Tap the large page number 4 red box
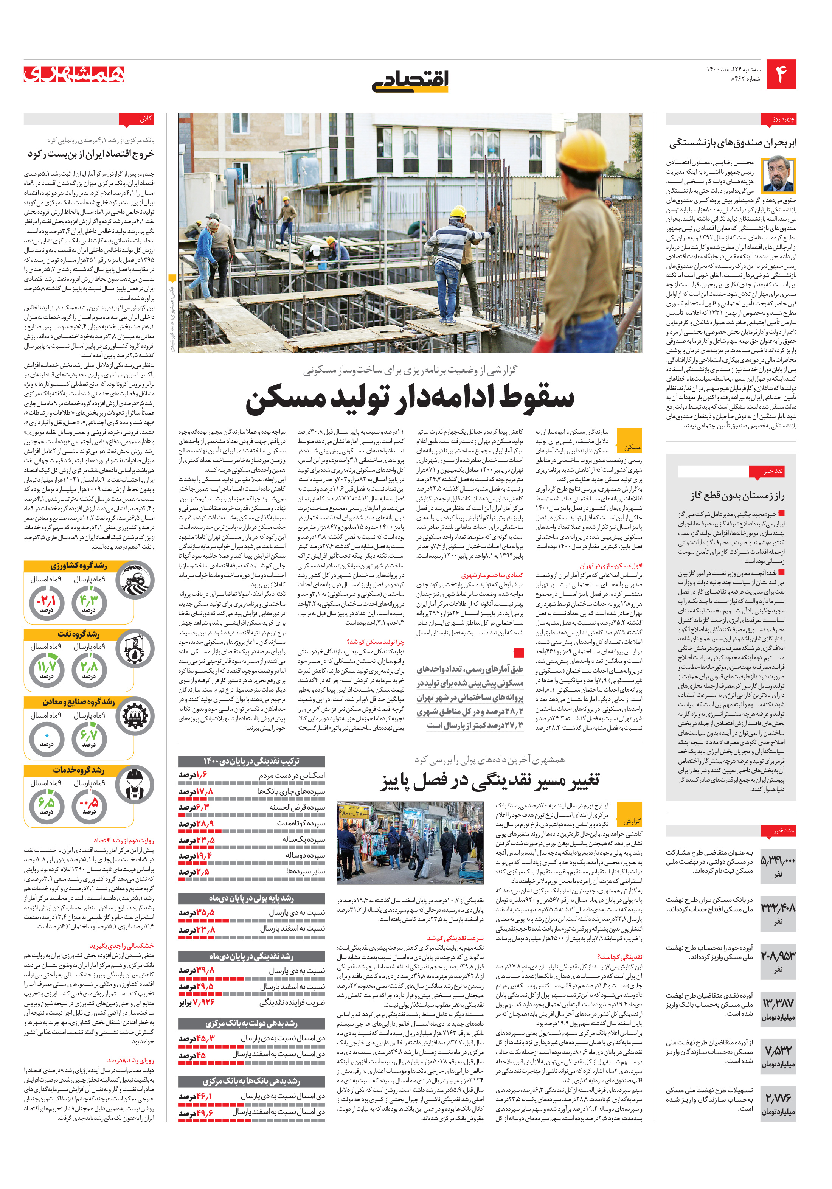(x=781, y=75)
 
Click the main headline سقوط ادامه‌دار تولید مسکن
(x=410, y=399)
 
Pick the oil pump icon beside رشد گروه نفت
(x=135, y=648)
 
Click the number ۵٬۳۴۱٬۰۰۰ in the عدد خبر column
(x=778, y=861)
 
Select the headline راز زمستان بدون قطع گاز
(x=737, y=496)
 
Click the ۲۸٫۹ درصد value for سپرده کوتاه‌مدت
(x=196, y=824)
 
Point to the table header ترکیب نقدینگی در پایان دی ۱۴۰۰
(x=251, y=761)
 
